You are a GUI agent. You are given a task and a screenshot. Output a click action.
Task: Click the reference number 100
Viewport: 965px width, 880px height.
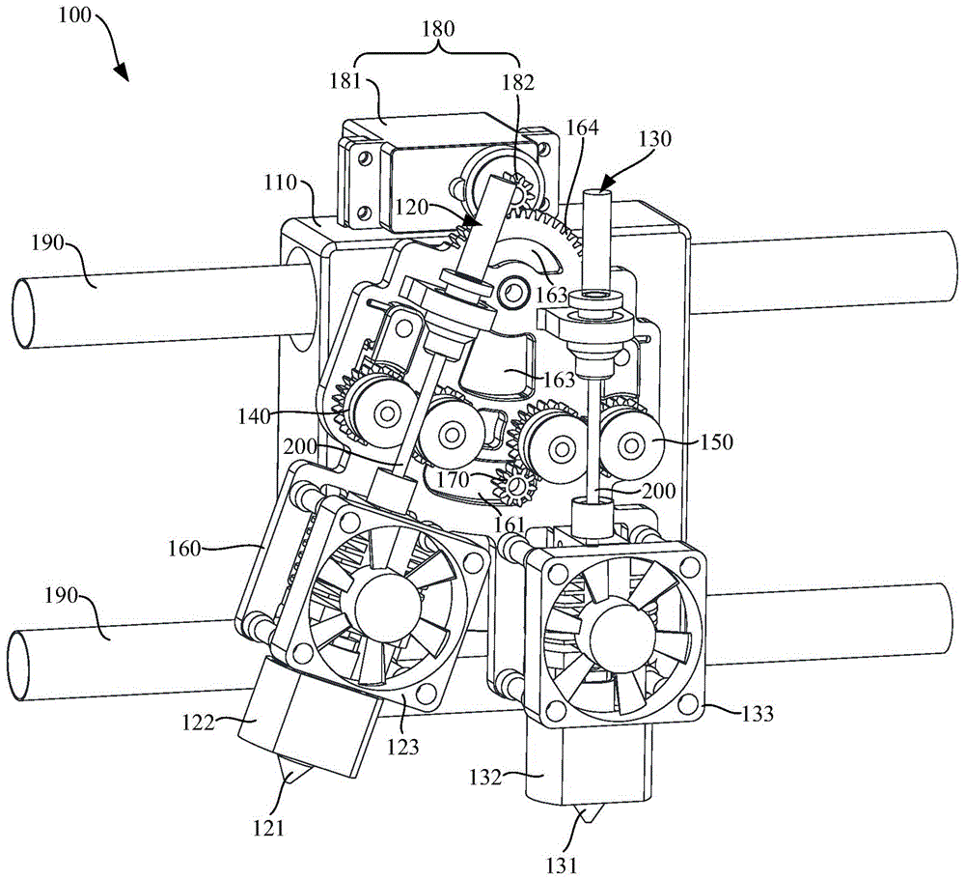tap(74, 14)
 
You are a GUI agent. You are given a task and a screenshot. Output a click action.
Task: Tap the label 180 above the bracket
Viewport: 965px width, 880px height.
tap(438, 28)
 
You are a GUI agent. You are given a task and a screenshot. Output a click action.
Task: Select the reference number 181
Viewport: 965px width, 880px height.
tap(345, 81)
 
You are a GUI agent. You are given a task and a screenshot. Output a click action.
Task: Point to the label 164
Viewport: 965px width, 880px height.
tap(582, 127)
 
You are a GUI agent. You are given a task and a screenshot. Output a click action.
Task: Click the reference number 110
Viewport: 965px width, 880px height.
tap(281, 183)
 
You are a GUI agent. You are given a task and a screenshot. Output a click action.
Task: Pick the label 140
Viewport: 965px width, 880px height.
tap(254, 416)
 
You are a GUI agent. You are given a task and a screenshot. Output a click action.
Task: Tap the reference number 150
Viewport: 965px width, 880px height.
tap(716, 441)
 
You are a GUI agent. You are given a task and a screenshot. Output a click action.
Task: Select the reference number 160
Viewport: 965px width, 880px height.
tap(184, 548)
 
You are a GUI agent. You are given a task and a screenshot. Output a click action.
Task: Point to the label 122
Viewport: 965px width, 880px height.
tap(198, 722)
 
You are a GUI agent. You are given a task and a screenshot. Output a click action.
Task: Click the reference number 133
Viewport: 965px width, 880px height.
tap(757, 713)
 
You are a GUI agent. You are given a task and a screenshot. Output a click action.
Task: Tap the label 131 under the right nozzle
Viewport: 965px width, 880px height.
tap(562, 866)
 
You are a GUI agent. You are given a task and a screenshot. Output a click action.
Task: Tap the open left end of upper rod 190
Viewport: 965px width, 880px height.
tap(23, 313)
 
